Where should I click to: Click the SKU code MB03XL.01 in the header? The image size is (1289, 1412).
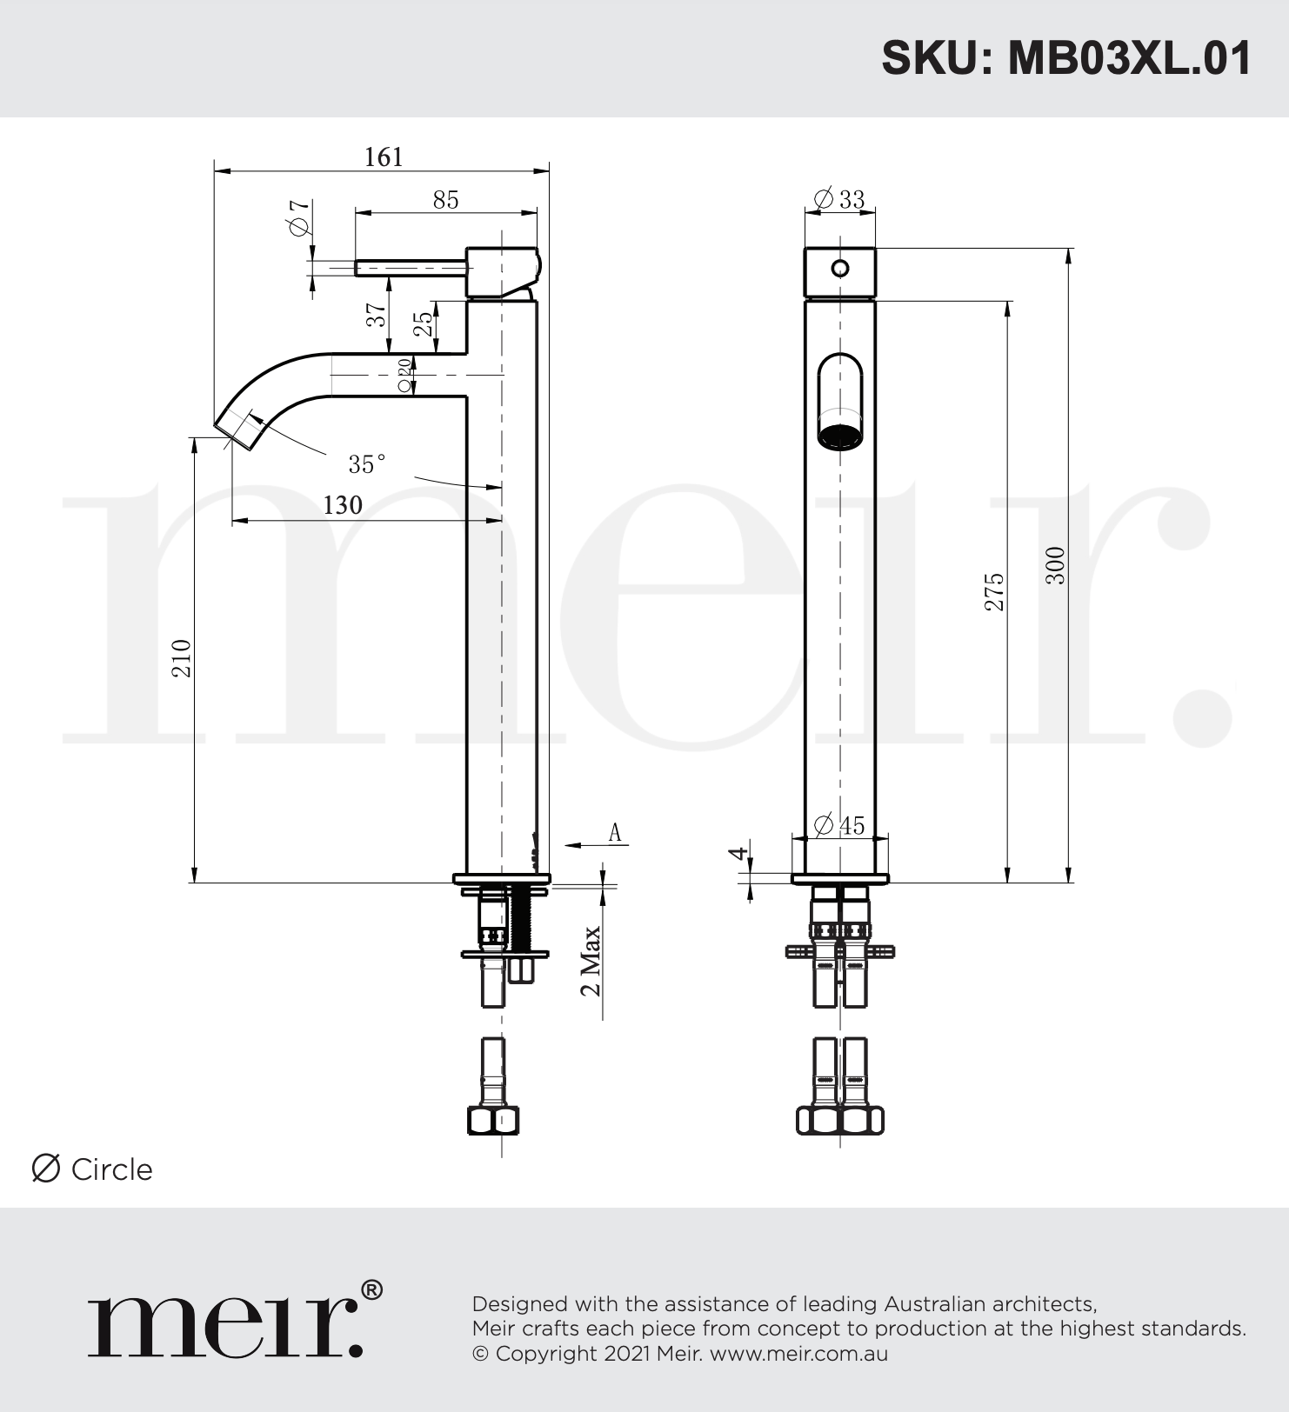click(x=1130, y=58)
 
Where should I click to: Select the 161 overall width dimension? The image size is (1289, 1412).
click(x=384, y=157)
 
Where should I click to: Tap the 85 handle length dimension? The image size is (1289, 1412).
click(x=445, y=199)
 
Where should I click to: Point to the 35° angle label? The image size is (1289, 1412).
click(x=366, y=464)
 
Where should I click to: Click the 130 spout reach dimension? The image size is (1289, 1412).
click(x=343, y=505)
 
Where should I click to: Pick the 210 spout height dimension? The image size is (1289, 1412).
click(x=181, y=658)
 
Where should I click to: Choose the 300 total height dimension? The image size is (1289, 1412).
click(x=1055, y=565)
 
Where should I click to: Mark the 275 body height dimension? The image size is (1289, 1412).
click(x=994, y=592)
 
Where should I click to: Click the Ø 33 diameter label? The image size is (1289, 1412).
click(x=839, y=199)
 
